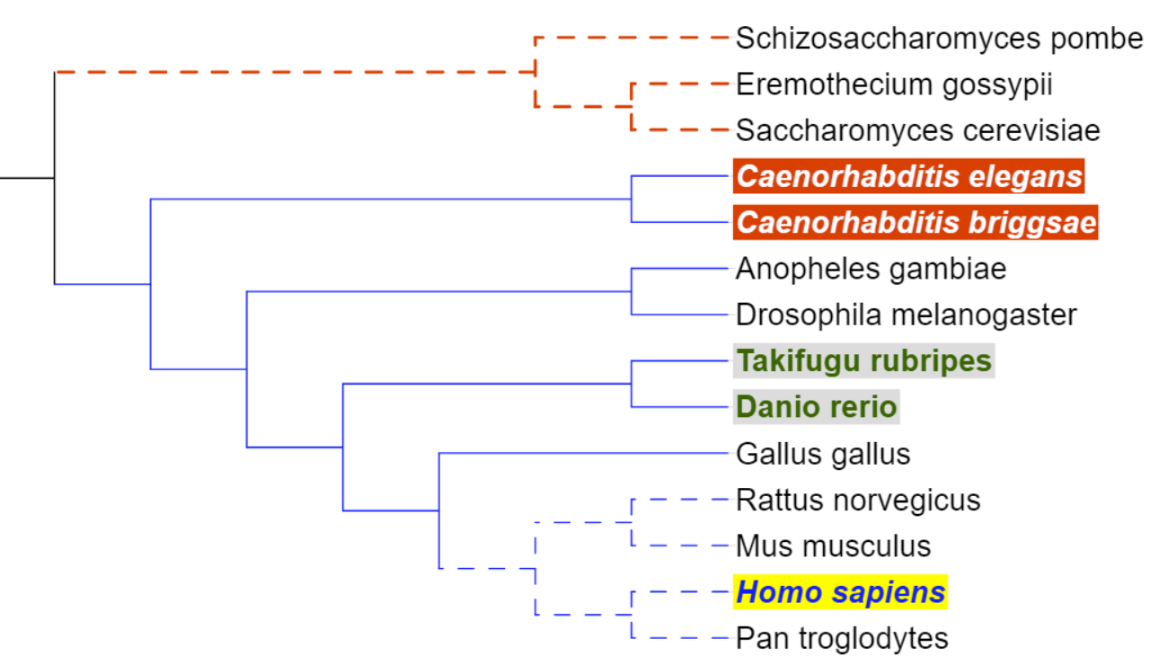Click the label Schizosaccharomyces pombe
(939, 39)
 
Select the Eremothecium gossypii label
(893, 85)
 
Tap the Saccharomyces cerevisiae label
(917, 130)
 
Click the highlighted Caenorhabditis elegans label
(909, 176)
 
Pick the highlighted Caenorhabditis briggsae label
(916, 222)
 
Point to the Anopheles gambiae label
(871, 268)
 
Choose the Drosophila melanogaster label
(906, 315)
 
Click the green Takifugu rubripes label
(863, 361)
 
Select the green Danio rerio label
(816, 407)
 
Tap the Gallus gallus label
(822, 454)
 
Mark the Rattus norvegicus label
(857, 500)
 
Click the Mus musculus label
(833, 545)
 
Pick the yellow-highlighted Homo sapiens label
(840, 592)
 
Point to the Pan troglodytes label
(841, 638)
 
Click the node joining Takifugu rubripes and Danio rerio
(632, 384)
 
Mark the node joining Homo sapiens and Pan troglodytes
(632, 615)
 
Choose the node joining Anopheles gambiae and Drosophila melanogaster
(632, 291)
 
